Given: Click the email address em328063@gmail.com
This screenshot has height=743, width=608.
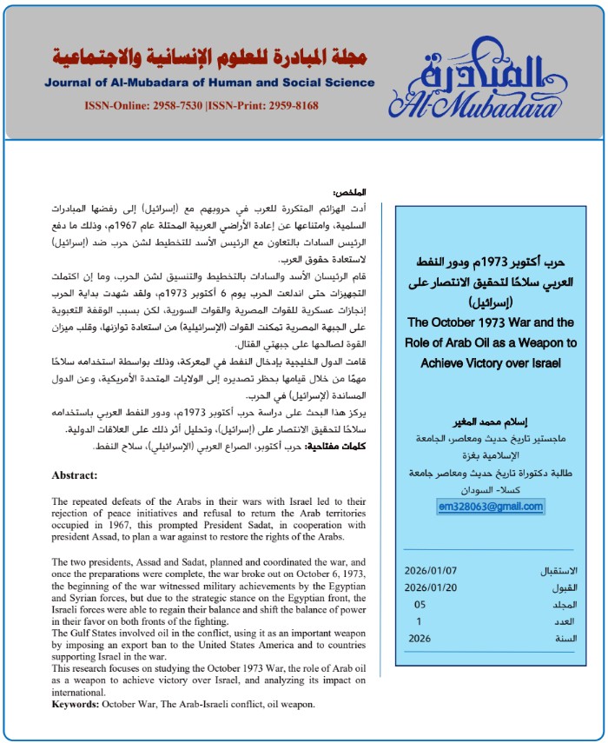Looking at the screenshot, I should coord(491,507).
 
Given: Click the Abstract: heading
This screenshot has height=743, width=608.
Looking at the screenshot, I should coord(75,475).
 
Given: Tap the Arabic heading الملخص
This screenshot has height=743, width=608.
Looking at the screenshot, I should coord(349,192).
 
